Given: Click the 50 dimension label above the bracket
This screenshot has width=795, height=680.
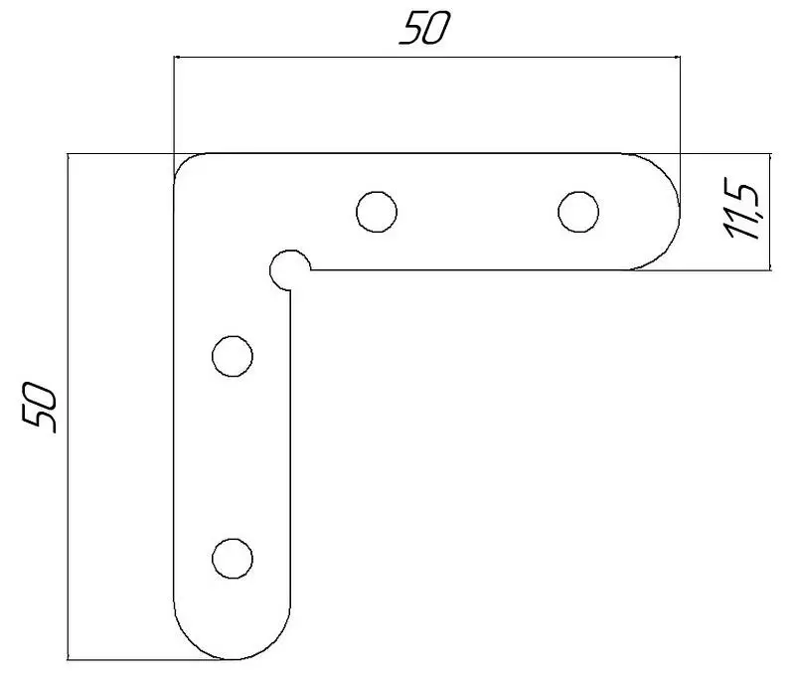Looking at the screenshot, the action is coord(424,29).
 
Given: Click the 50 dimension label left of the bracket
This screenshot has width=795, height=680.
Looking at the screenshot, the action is coord(39,408).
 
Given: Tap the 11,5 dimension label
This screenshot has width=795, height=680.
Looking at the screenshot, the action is coord(742,209).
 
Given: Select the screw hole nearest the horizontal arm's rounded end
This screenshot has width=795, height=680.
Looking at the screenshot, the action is coord(578,212).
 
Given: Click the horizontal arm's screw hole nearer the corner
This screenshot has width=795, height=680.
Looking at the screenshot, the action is coord(377,212).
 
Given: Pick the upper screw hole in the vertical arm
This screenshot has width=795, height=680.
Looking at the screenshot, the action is coord(233,356).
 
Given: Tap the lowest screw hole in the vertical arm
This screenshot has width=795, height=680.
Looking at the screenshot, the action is coord(233,559).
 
